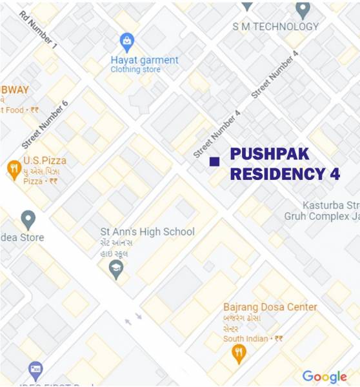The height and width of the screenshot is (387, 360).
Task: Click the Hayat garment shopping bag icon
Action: (127, 44)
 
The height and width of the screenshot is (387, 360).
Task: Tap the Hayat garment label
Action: (145, 60)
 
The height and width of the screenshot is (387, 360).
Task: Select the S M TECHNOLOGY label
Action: (276, 26)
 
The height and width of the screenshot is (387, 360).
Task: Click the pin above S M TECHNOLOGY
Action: (303, 10)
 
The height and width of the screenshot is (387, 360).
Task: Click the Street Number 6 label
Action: (45, 124)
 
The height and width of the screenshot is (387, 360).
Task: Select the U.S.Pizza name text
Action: (45, 160)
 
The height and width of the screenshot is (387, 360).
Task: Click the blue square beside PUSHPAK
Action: (214, 161)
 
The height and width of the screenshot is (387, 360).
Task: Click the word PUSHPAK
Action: (270, 154)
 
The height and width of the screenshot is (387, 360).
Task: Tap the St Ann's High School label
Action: (147, 232)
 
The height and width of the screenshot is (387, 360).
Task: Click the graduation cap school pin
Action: (116, 269)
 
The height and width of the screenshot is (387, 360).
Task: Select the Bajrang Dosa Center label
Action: (270, 307)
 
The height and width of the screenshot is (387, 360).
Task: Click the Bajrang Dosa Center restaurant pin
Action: (239, 353)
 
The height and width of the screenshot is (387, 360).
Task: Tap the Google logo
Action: (325, 377)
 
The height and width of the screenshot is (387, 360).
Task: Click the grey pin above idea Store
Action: (28, 219)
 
